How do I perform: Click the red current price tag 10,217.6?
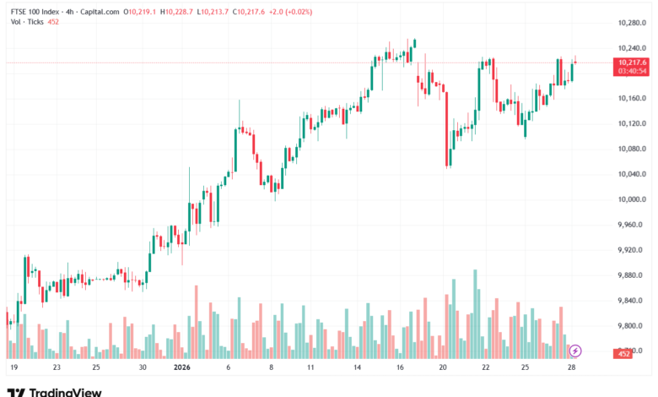(x=632, y=63)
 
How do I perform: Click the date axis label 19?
(x=13, y=368)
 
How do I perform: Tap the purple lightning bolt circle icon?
(x=575, y=351)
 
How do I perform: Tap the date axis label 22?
(x=485, y=368)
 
